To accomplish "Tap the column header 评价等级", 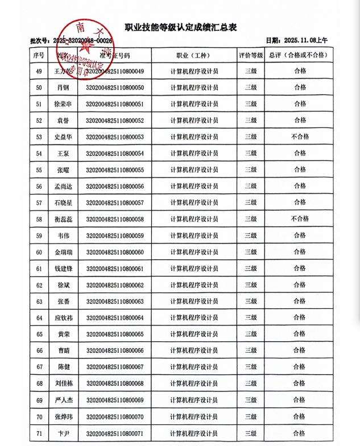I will pyautogui.click(x=250, y=55).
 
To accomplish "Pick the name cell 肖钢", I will pyautogui.click(x=63, y=88).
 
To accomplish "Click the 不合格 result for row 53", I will pyautogui.click(x=300, y=137).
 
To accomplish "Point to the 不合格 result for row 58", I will pyautogui.click(x=300, y=219).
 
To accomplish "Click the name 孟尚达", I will pyautogui.click(x=63, y=187).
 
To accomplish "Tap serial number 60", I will pyautogui.click(x=39, y=252).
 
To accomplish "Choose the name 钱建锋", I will pyautogui.click(x=63, y=269).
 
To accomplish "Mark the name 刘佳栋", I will pyautogui.click(x=63, y=384).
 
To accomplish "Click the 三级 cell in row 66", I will pyautogui.click(x=250, y=351).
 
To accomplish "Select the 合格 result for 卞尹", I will pyautogui.click(x=300, y=433).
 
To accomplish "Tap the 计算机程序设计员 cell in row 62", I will pyautogui.click(x=193, y=285).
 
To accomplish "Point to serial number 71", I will pyautogui.click(x=39, y=433).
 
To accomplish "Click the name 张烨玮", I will pyautogui.click(x=63, y=417).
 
